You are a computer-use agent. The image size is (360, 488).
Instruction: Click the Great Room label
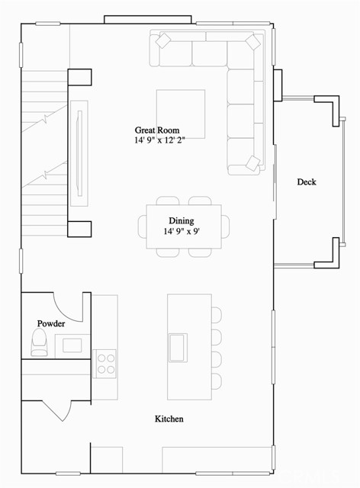tap(157, 130)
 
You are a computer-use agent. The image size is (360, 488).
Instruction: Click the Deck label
tap(306, 181)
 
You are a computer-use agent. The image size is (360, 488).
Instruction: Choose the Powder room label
tap(51, 323)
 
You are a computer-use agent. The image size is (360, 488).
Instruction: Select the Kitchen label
tap(169, 419)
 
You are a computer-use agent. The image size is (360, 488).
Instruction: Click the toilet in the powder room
tap(38, 345)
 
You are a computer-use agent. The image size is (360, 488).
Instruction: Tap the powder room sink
tap(72, 345)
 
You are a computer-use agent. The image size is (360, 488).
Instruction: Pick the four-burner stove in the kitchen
tap(104, 362)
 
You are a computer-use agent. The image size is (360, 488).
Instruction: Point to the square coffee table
tap(181, 114)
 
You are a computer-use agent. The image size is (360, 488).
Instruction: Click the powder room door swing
tap(70, 304)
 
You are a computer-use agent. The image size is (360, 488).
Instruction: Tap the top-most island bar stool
tap(217, 315)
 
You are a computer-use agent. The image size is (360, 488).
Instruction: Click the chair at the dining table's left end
tap(142, 226)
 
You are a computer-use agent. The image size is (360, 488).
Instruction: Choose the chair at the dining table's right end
tap(226, 226)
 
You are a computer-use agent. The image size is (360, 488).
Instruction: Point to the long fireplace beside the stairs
tap(79, 152)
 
